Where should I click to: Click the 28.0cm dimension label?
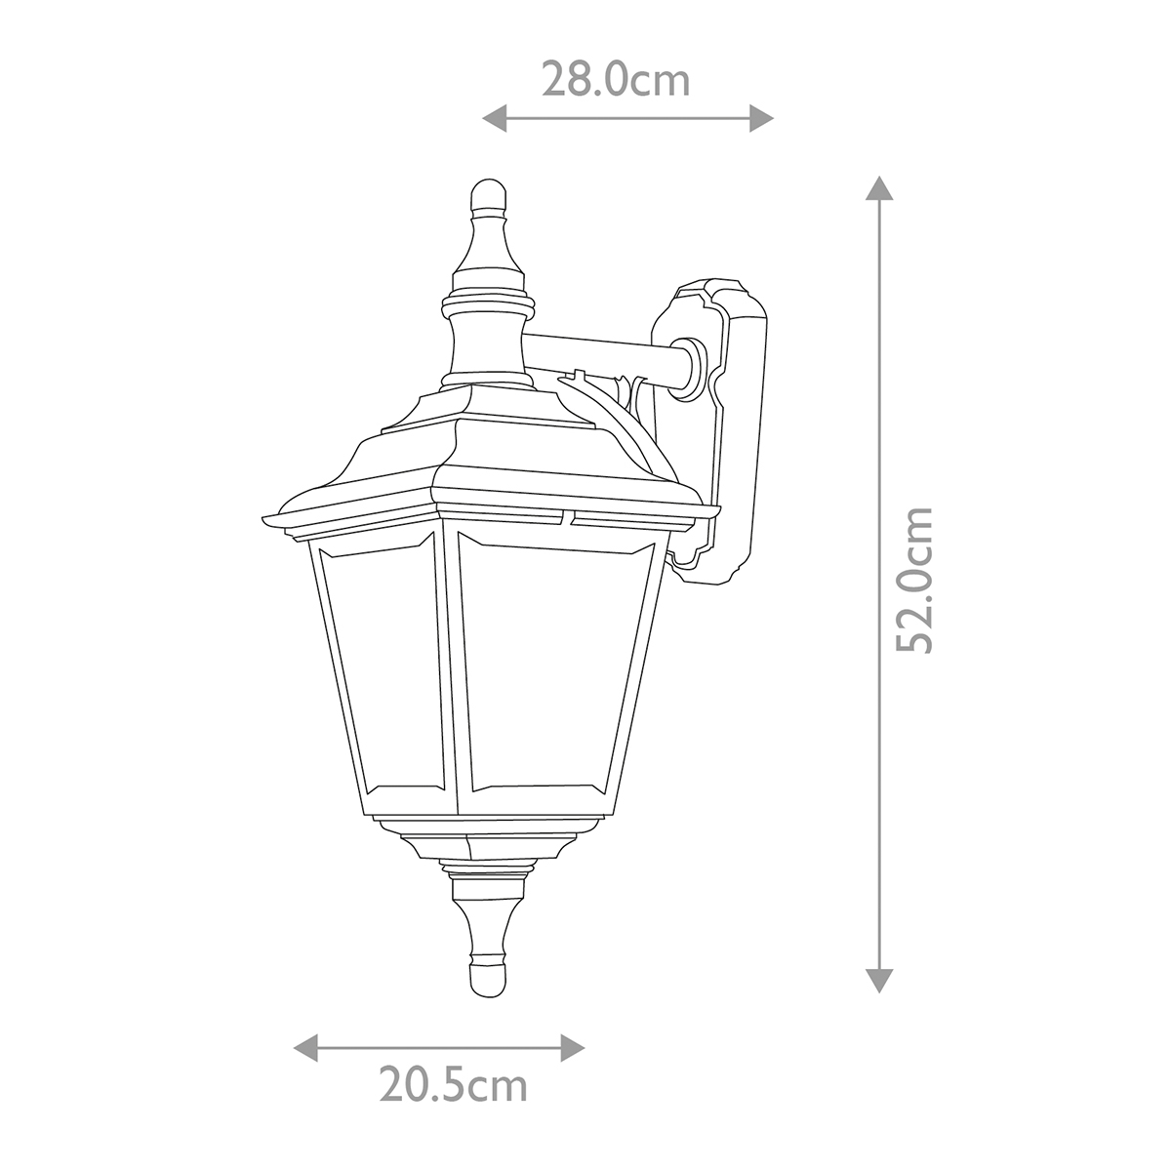pyautogui.click(x=616, y=79)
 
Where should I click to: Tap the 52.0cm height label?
pyautogui.click(x=914, y=580)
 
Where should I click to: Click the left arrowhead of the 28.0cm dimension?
pyautogui.click(x=494, y=118)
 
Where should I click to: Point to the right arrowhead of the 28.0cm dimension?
pyautogui.click(x=761, y=118)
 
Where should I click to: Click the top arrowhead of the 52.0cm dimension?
pyautogui.click(x=878, y=187)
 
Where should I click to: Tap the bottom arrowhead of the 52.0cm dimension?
pyautogui.click(x=878, y=980)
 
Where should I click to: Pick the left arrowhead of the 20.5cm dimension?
pyautogui.click(x=305, y=1048)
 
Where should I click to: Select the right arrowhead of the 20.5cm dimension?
pyautogui.click(x=572, y=1048)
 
